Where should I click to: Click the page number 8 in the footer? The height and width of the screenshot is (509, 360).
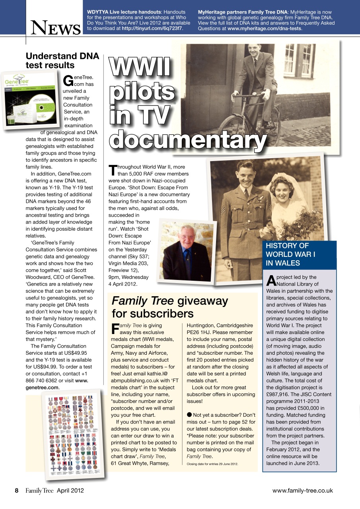17,490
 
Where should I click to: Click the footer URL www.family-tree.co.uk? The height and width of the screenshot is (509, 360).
302,490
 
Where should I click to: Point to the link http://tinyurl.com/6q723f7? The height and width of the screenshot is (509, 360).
152,29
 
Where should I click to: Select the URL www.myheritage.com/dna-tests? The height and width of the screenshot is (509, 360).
265,29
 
